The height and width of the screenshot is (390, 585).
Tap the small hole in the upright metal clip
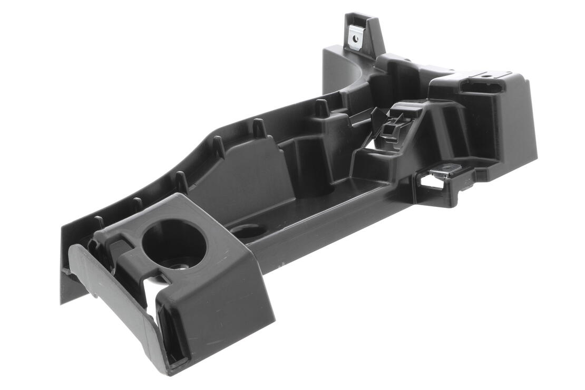point(357,38)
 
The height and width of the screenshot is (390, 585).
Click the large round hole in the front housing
point(174,244)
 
